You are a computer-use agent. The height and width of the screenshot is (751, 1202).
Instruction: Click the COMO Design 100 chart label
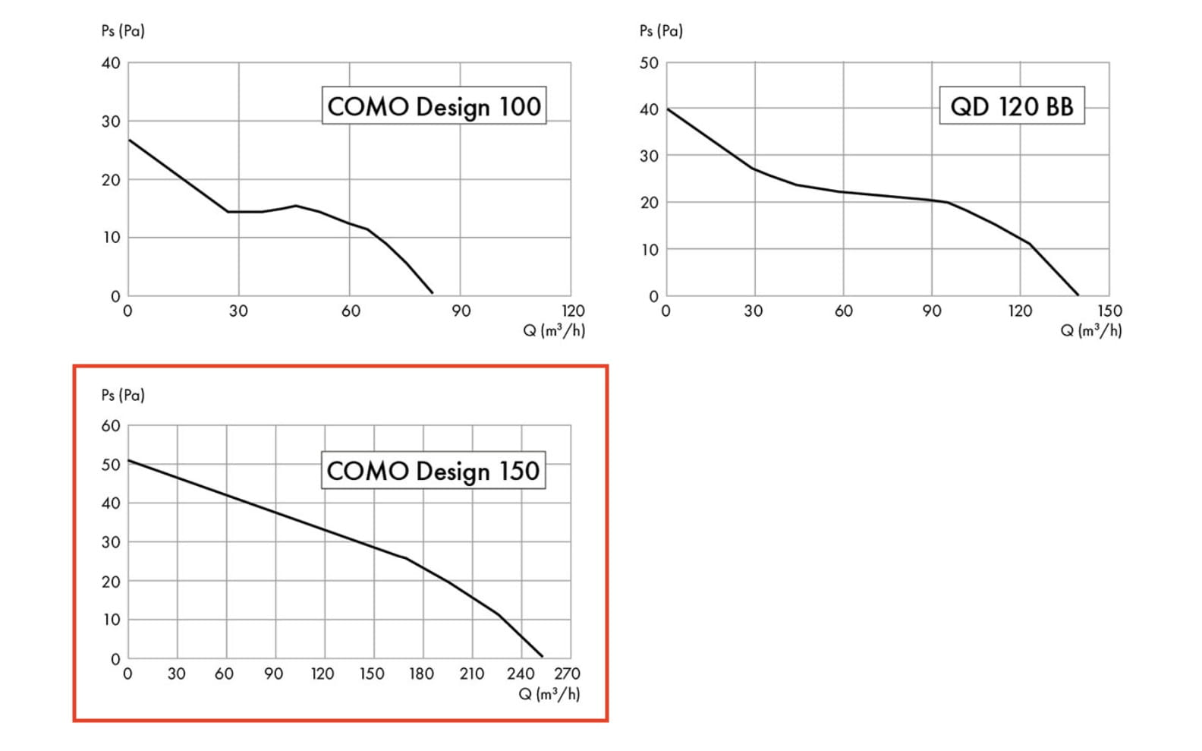[x=433, y=106]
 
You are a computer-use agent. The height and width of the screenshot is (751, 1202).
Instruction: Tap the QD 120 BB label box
[x=1012, y=106]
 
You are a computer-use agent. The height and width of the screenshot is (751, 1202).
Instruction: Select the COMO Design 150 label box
[x=433, y=471]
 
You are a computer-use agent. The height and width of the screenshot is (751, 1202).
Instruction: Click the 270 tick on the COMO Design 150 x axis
[x=567, y=674]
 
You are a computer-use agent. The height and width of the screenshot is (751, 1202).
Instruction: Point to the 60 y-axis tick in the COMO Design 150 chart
[x=111, y=426]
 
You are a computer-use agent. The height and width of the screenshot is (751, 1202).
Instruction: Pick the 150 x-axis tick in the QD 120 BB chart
[x=1109, y=311]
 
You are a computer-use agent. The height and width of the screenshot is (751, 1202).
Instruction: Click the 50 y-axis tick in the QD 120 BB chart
[x=649, y=63]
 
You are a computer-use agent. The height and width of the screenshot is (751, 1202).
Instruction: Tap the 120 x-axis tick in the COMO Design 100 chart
[x=573, y=311]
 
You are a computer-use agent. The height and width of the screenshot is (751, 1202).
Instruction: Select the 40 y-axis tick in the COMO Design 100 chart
[x=111, y=63]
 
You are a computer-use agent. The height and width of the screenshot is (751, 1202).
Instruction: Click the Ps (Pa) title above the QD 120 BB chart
[x=661, y=31]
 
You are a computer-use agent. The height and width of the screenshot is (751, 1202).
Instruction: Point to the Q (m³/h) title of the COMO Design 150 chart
[x=549, y=694]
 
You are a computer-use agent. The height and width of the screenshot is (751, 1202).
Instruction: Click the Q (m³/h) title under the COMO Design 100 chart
[x=554, y=330]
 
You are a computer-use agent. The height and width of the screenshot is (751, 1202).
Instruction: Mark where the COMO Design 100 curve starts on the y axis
[x=128, y=140]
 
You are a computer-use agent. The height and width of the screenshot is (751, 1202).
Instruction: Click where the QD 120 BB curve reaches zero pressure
[x=1078, y=295]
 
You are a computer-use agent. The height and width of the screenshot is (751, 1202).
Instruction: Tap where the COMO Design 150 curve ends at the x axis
[x=543, y=657]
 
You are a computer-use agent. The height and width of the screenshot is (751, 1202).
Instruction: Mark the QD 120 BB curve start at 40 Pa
[x=666, y=109]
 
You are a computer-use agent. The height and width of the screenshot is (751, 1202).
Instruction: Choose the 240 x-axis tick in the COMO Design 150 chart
[x=521, y=674]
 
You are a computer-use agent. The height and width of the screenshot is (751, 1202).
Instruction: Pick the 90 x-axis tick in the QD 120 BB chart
[x=932, y=311]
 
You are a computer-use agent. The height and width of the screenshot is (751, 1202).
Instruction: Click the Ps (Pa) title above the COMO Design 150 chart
[x=123, y=395]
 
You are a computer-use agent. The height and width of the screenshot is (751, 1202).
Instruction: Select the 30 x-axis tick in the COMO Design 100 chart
[x=238, y=311]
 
